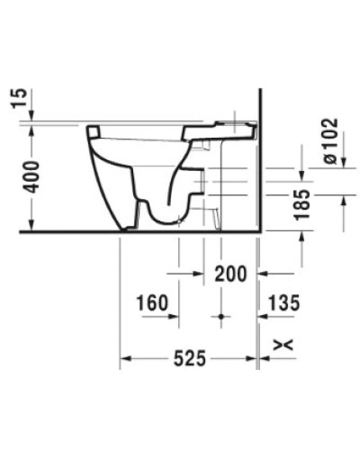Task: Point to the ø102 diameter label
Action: point(328,141)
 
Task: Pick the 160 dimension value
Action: point(154,304)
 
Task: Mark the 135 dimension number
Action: point(283,304)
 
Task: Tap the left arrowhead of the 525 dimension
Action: point(126,359)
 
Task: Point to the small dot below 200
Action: point(220,318)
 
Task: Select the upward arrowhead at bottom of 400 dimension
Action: point(31,225)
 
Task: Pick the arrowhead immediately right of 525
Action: point(252,359)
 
